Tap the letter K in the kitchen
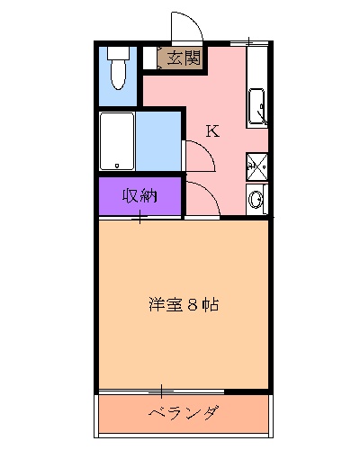[x=212, y=130]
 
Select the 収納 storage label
[x=140, y=196]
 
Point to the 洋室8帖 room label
[x=184, y=304]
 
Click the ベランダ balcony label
[x=184, y=414]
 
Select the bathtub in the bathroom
[x=117, y=141]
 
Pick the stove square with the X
[x=257, y=166]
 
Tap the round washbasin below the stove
[x=257, y=199]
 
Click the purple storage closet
[x=139, y=196]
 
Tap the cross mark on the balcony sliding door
[x=161, y=391]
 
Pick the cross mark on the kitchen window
[x=248, y=40]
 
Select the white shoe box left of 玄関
[x=150, y=57]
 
